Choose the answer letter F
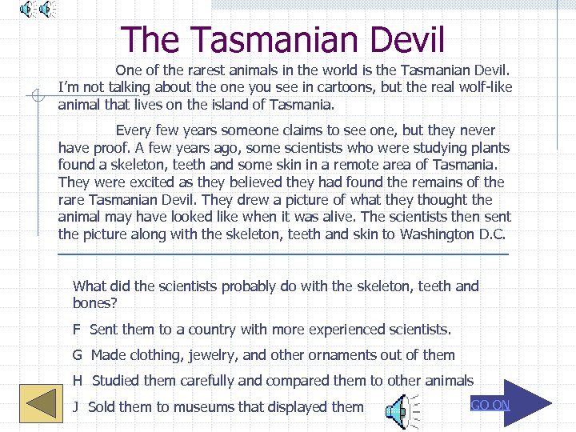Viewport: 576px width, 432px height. pos(76,330)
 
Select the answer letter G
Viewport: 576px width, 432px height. pos(77,355)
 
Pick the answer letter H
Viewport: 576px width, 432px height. pos(77,381)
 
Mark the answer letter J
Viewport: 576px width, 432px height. pos(75,406)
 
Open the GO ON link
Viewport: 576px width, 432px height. pos(490,405)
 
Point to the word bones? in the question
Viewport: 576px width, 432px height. pos(94,303)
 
